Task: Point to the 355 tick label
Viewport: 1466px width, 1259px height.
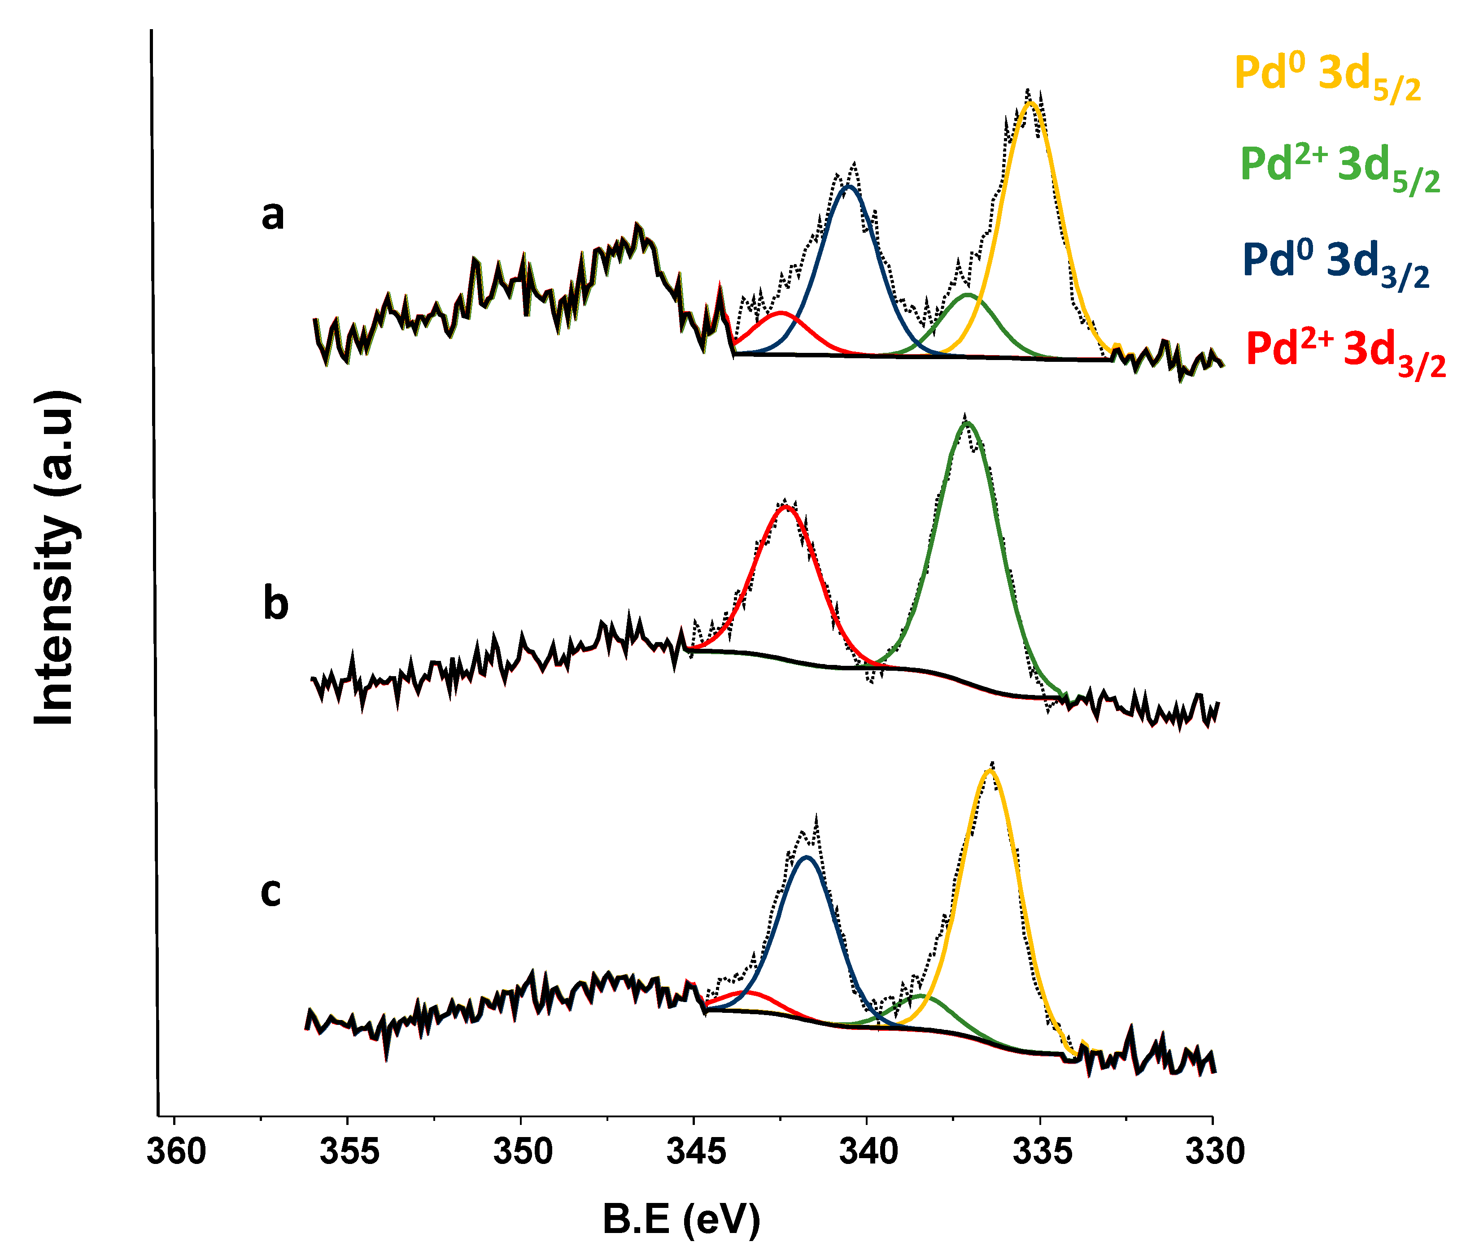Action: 349,1153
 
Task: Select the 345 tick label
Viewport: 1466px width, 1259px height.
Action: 695,1153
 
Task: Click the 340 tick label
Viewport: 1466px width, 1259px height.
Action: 868,1153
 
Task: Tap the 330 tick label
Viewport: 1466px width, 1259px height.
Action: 1214,1153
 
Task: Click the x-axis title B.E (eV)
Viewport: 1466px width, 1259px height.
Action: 681,1220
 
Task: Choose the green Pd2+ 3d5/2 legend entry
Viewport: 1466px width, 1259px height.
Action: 1340,168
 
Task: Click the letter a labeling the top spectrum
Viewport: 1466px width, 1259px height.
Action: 273,216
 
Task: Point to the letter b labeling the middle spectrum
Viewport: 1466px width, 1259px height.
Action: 276,605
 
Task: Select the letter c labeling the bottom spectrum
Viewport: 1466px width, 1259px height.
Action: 271,893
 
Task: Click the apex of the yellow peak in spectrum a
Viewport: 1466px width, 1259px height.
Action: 1031,103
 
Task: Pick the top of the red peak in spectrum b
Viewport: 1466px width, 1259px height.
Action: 785,507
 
